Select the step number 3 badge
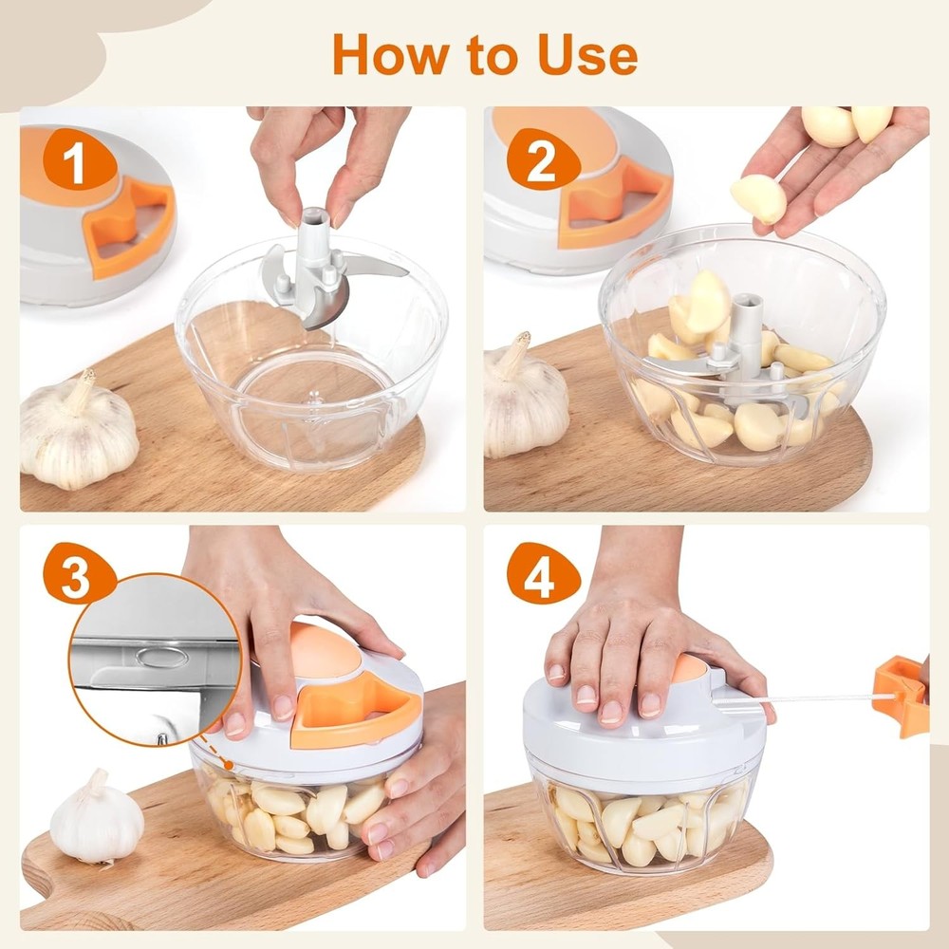[x=75, y=578]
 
